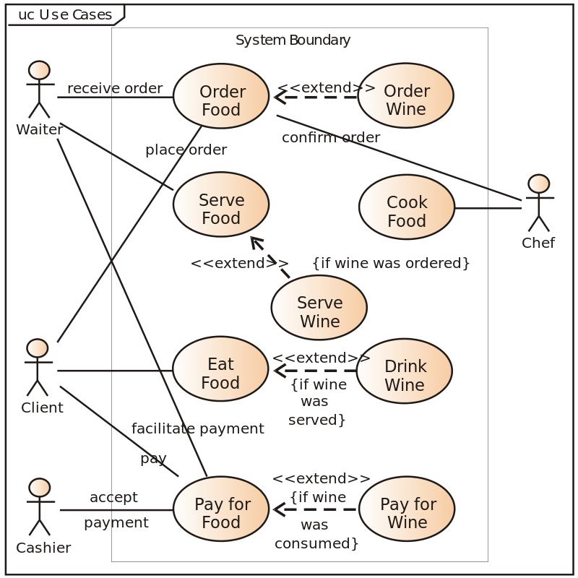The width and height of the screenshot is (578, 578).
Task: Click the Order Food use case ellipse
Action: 222,100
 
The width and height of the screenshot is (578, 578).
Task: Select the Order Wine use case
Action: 406,100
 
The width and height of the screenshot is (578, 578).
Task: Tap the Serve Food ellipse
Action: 221,209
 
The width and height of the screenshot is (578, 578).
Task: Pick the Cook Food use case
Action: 407,211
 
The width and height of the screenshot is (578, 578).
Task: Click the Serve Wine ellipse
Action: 319,311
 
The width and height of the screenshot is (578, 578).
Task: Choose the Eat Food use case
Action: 220,373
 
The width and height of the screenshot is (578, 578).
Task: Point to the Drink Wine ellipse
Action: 405,375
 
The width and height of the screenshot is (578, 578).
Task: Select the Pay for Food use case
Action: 222,513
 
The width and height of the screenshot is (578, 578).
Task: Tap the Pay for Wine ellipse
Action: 407,513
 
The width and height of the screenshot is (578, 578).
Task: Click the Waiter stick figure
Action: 39,90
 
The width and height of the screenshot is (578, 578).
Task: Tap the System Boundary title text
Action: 293,40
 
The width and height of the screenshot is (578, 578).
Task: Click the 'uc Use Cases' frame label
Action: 64,14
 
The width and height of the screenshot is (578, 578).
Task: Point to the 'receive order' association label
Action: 115,88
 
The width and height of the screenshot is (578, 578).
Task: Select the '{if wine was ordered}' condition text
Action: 391,263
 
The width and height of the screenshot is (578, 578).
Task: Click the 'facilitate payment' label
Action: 198,428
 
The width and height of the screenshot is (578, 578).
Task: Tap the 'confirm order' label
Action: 331,137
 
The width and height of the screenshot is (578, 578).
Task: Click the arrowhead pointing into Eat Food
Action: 278,371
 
